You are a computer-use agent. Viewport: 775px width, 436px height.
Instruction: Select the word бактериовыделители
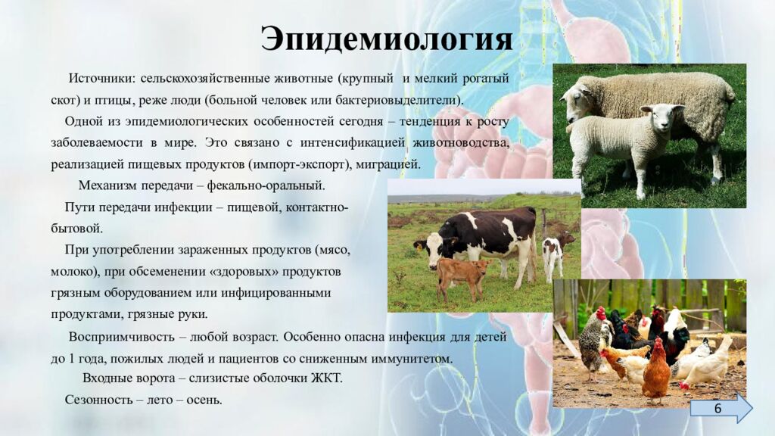(x=400, y=100)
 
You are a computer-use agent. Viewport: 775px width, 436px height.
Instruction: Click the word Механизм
(x=107, y=185)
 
